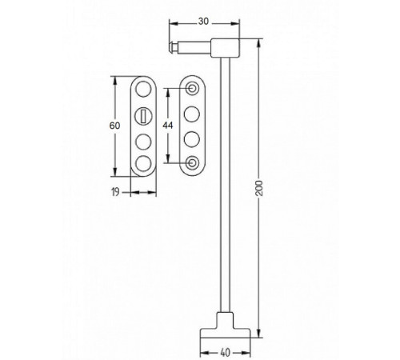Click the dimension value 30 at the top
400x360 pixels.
(x=203, y=21)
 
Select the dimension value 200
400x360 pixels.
(x=259, y=188)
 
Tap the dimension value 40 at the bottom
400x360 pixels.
(x=226, y=353)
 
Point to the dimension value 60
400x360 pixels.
(x=114, y=126)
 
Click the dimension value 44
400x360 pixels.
(x=168, y=125)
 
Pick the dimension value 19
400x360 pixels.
(x=115, y=192)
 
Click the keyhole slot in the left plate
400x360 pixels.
(x=143, y=116)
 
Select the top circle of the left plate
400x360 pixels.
(x=143, y=89)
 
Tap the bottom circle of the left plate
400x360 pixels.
(x=143, y=162)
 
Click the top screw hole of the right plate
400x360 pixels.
(x=192, y=88)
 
